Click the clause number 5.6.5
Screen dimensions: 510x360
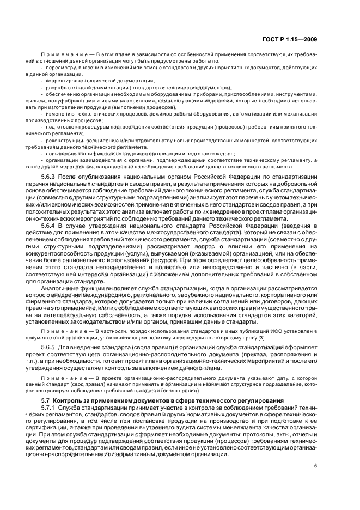50,347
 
